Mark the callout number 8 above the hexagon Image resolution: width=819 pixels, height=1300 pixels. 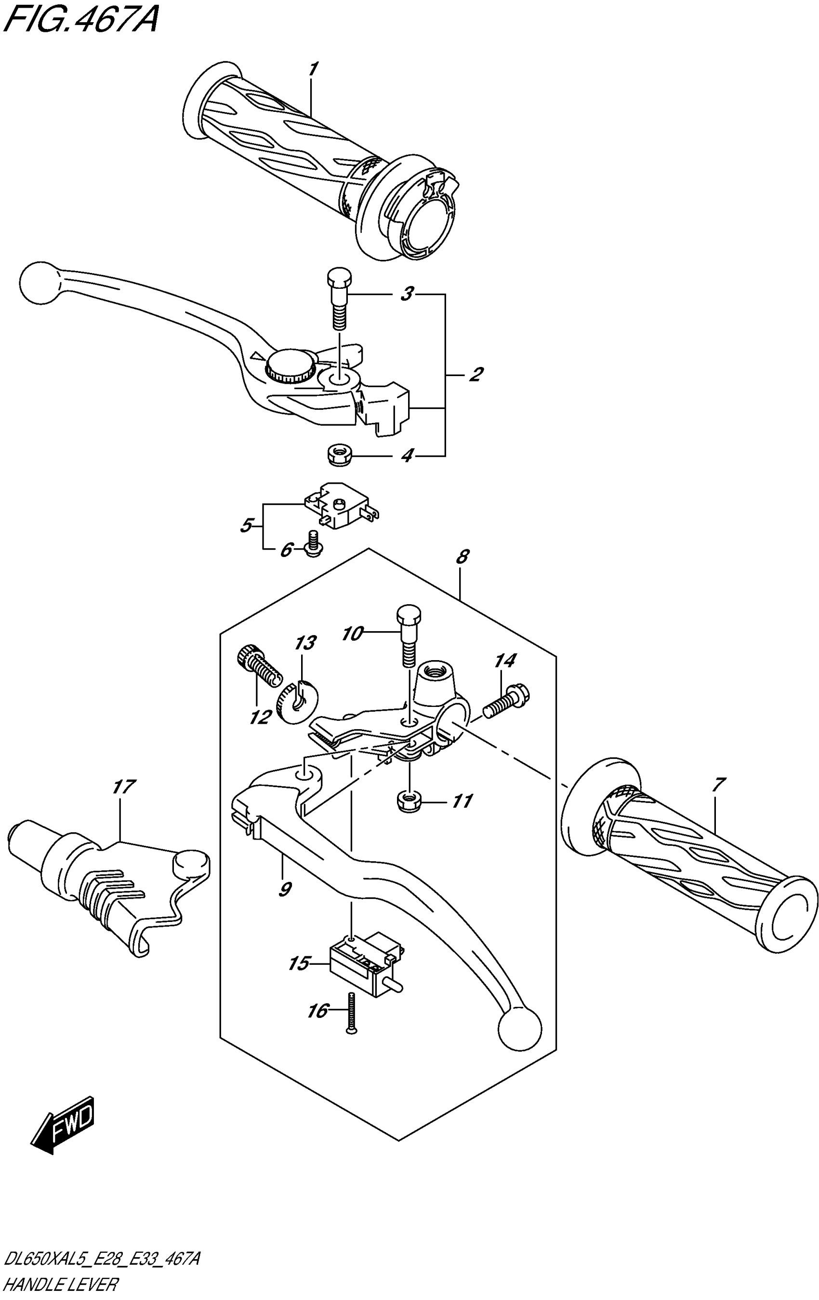click(x=462, y=556)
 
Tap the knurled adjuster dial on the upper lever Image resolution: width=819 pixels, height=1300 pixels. click(x=291, y=366)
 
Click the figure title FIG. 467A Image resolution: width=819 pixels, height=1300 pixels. click(x=81, y=22)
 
